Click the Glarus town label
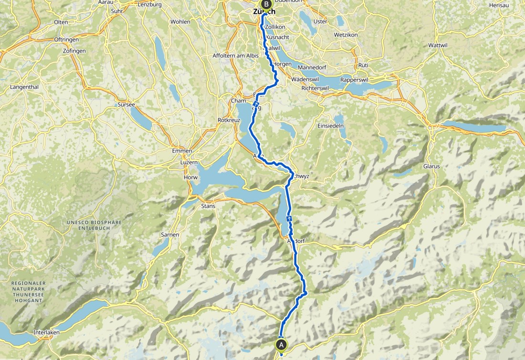[x=431, y=166]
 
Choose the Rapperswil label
[x=357, y=80]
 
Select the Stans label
[x=209, y=206]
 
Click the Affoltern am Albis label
[x=235, y=56]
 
